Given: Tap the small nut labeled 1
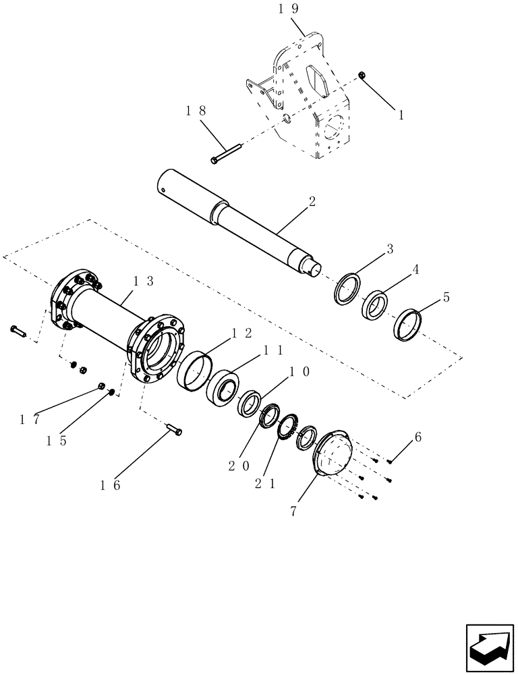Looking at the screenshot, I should [x=362, y=76].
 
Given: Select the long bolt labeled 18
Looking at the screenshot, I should [x=225, y=153].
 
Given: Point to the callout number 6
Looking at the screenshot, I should [x=418, y=437].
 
